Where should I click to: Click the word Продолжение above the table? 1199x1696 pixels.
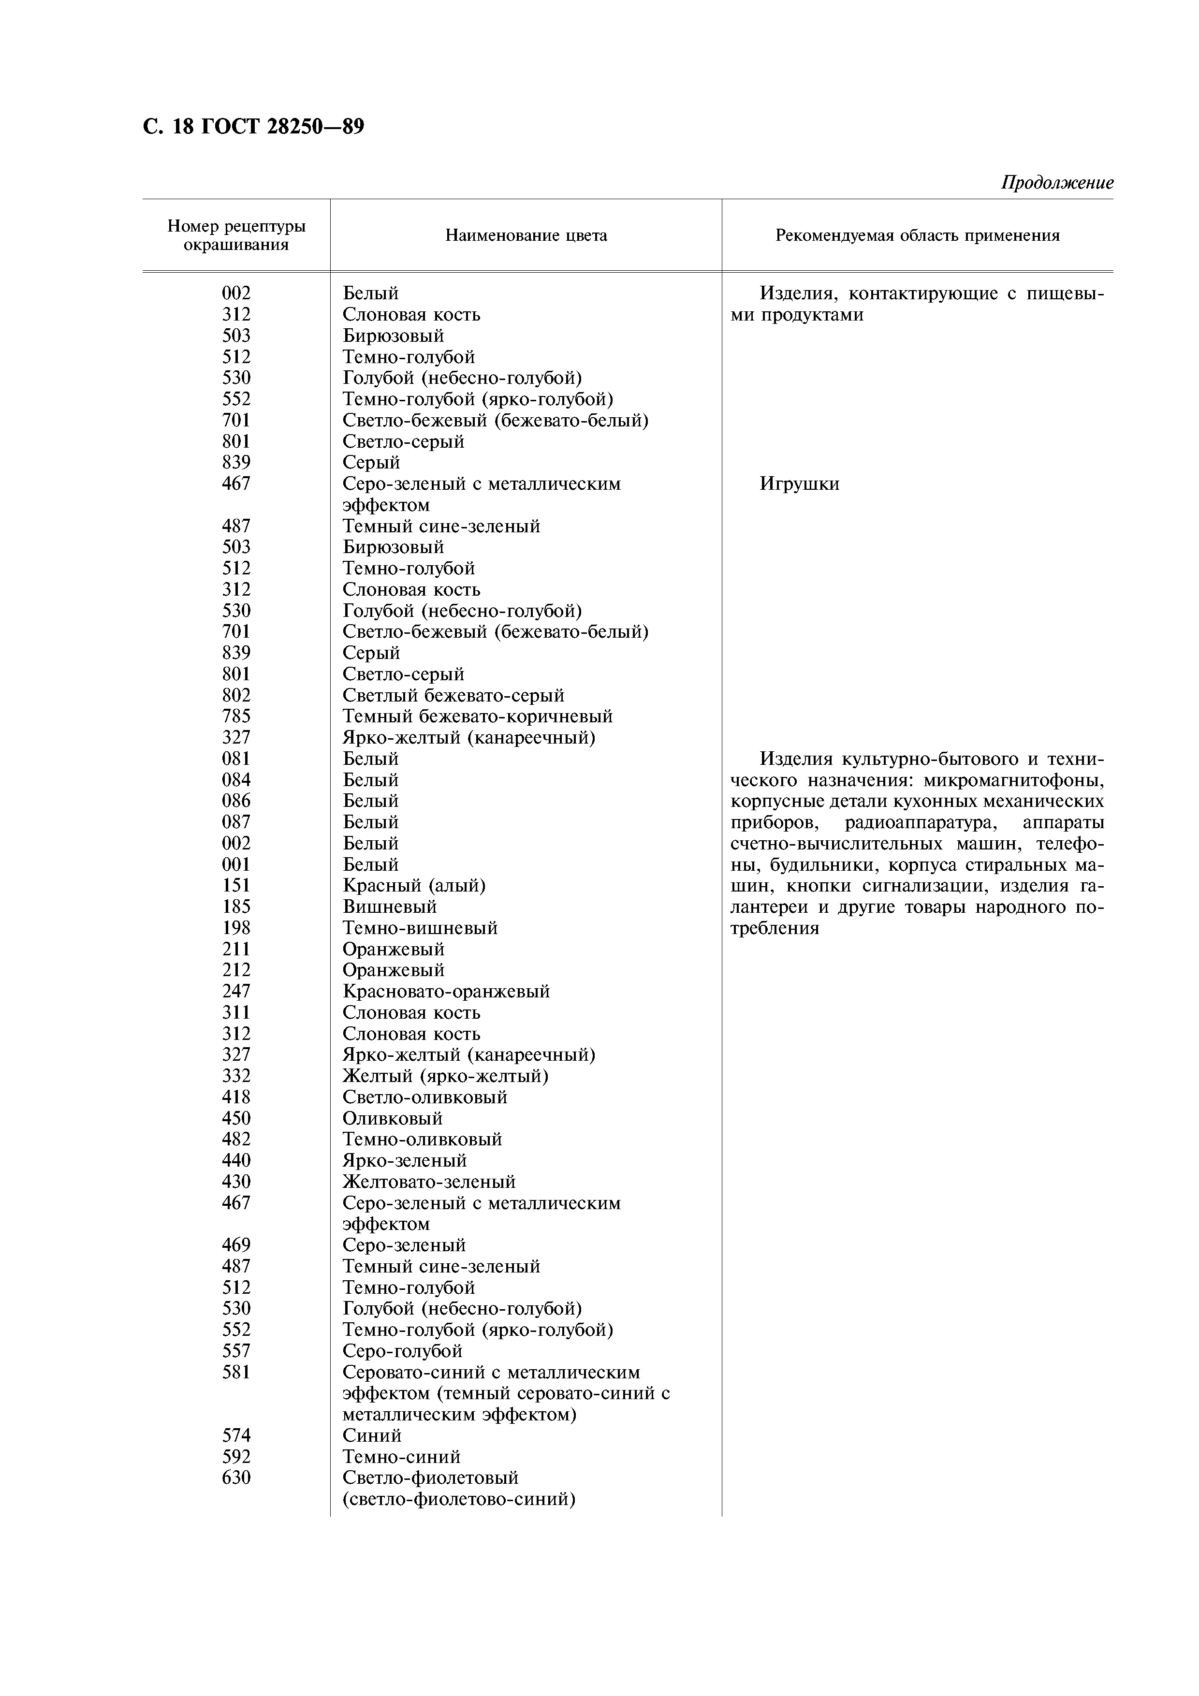tap(1056, 182)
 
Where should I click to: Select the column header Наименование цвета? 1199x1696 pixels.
tap(526, 235)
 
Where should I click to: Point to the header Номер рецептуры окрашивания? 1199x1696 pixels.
tap(236, 235)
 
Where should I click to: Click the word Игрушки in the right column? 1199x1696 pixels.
tap(799, 484)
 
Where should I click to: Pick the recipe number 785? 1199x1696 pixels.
tap(236, 716)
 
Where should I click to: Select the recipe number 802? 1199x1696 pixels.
tap(236, 695)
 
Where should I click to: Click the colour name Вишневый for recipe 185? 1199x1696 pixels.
tap(389, 906)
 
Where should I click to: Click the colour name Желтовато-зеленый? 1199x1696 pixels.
tap(428, 1182)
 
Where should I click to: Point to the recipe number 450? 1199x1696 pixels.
tap(236, 1118)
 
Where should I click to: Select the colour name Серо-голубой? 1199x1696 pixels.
tap(403, 1351)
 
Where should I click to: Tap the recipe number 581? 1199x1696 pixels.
tap(236, 1373)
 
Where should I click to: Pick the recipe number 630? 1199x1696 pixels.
tap(236, 1478)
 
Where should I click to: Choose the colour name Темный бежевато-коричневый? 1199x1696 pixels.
tap(477, 716)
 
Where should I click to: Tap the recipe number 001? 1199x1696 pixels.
tap(236, 864)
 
